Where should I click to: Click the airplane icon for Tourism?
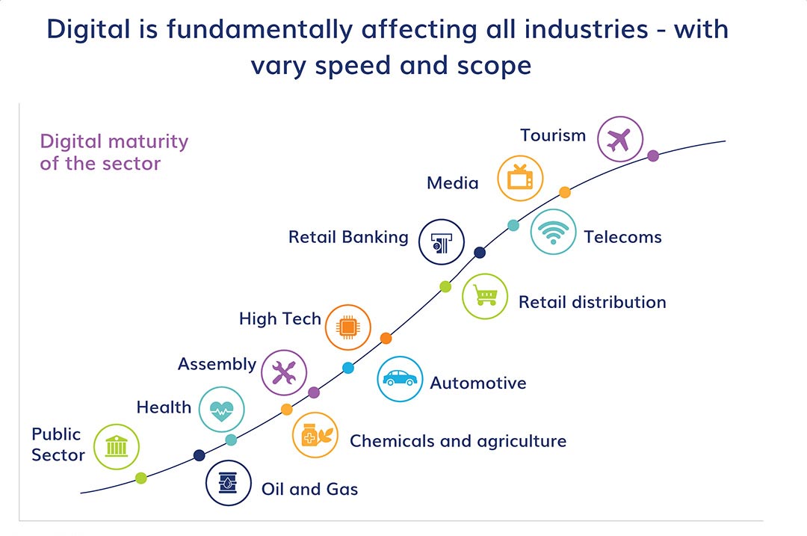pos(620,139)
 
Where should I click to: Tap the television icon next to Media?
pos(520,178)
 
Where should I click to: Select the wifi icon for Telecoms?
pos(553,232)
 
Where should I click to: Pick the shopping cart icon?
pos(485,297)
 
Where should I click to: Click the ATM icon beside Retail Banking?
pos(441,242)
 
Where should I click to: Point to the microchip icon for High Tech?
pos(348,327)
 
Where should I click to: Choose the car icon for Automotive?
pos(400,379)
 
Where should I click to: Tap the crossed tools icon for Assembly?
pos(284,372)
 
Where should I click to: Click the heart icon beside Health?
pos(222,410)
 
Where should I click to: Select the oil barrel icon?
pos(228,483)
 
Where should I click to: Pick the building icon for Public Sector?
pos(117,446)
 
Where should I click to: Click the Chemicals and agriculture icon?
pos(315,435)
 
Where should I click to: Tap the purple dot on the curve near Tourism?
pos(653,155)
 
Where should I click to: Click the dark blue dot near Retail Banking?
pos(480,252)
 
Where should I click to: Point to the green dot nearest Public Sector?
pos(141,478)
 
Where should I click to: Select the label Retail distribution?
pos(593,302)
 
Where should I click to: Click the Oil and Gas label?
pos(310,489)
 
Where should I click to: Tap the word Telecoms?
pos(622,237)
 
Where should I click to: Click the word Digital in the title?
pos(88,30)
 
